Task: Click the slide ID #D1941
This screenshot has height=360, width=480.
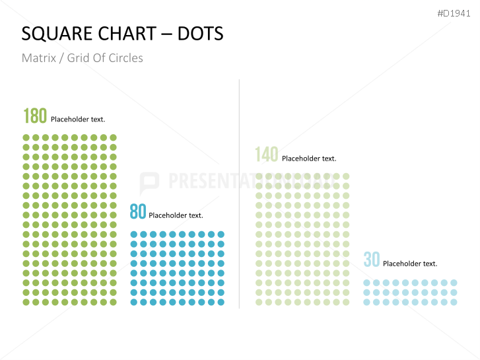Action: (x=454, y=13)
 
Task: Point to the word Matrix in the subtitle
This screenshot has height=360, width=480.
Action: (x=38, y=58)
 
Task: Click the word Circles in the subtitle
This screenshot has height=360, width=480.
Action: (x=125, y=58)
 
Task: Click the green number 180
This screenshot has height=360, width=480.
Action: (x=35, y=116)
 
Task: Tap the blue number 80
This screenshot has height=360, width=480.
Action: (x=137, y=212)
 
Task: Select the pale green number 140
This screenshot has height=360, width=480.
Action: (x=267, y=155)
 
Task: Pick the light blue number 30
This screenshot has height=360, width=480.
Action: (x=372, y=260)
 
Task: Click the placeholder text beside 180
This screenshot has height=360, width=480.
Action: (x=78, y=120)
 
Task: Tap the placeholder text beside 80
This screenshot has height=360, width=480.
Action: (x=176, y=215)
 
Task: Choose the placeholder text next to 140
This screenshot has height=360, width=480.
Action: (x=309, y=159)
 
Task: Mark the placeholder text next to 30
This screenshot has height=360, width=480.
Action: (x=410, y=264)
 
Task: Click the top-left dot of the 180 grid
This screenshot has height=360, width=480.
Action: (x=26, y=138)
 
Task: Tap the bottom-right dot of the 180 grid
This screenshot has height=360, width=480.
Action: (x=114, y=302)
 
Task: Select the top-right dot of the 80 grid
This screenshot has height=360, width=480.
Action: (x=221, y=234)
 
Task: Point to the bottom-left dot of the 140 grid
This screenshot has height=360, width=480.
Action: (x=259, y=302)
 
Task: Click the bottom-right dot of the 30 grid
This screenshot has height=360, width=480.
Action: (x=454, y=302)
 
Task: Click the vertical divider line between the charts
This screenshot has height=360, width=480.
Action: (x=239, y=198)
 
